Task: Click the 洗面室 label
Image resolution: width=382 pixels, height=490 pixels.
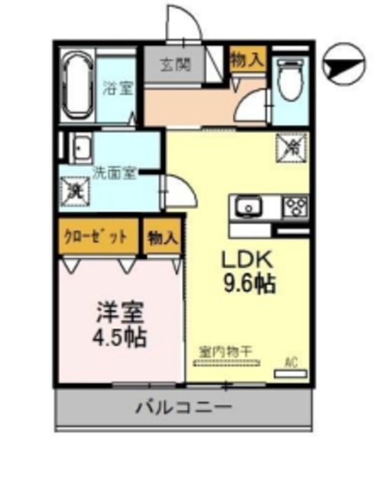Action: tap(115, 172)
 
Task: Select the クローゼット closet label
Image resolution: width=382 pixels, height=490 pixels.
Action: tap(96, 236)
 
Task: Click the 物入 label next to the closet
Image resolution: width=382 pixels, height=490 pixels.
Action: tap(163, 237)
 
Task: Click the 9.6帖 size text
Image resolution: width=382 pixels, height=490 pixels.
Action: tap(249, 284)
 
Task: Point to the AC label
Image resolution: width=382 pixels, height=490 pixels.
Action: tap(291, 361)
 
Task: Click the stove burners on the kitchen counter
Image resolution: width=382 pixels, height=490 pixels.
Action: tap(295, 206)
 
